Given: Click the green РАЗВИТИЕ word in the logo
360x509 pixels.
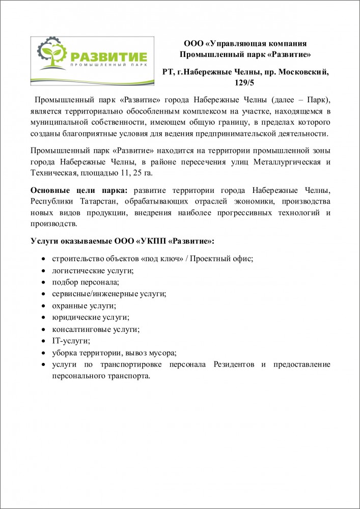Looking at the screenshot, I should point(109,55).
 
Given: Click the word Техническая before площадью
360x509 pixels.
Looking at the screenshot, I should point(53,173).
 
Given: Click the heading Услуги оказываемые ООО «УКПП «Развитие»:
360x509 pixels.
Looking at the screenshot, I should point(122,240).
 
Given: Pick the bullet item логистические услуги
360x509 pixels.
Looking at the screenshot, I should point(93,271).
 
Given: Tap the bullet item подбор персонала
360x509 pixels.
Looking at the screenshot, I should point(85,282).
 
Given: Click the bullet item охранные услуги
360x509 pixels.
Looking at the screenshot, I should point(84,306).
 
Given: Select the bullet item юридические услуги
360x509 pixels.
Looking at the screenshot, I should point(90,318).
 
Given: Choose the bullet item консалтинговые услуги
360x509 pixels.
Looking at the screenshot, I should point(95,329).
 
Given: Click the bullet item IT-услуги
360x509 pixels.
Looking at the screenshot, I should point(71,341).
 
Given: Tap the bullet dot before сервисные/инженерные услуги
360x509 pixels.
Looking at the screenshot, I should point(45,295).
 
